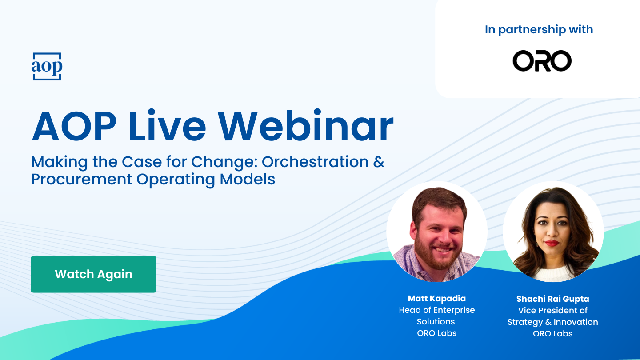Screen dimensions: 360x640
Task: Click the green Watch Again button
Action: coord(93,274)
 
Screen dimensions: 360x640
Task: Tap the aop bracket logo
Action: coord(47,67)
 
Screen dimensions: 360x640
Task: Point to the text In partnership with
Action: coord(539,30)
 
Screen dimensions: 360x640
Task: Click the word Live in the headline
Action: coord(167,126)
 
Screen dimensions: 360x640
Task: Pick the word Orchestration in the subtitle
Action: coord(315,162)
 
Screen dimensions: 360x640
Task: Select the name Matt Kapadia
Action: coord(436,299)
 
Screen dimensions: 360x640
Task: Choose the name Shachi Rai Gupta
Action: coord(552,299)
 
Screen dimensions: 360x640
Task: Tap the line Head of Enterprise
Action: coord(436,310)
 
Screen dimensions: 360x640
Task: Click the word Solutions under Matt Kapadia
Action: coord(436,322)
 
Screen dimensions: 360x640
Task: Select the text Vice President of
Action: coord(552,311)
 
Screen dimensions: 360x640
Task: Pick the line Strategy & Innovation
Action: coord(552,322)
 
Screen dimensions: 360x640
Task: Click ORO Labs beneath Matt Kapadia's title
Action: coord(436,333)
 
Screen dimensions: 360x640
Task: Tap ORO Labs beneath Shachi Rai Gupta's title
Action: coord(552,334)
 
